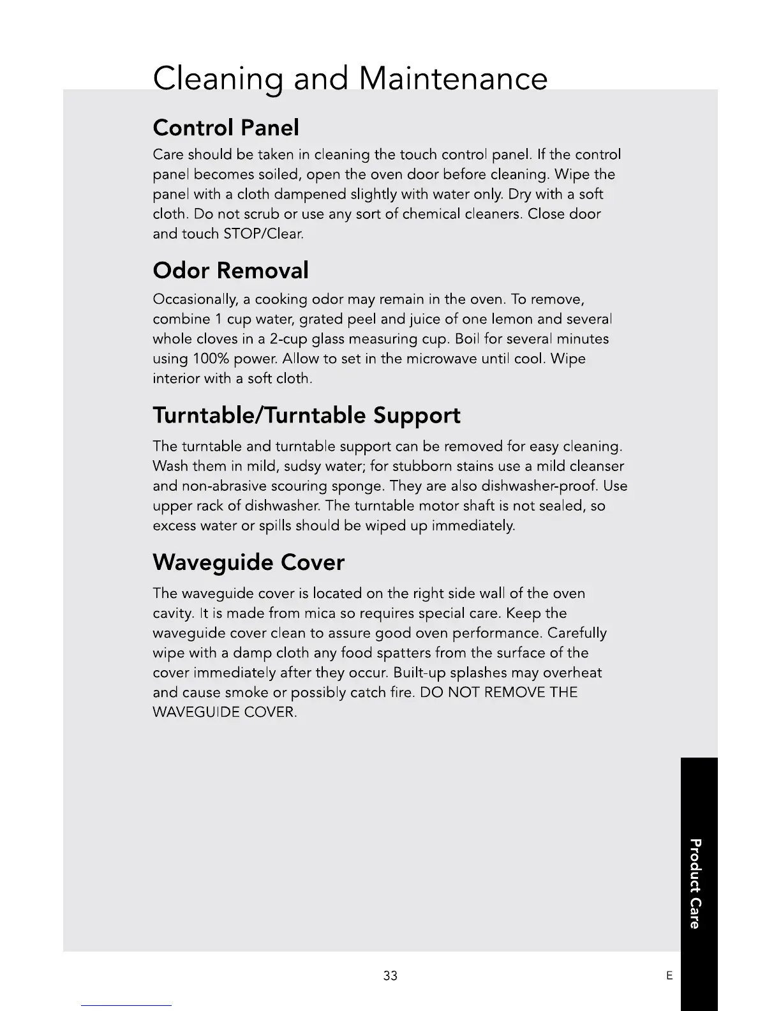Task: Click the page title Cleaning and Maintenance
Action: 350,79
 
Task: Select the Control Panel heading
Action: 226,128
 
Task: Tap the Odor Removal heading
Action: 230,271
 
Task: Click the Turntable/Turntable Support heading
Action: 306,416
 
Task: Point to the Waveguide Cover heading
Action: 248,562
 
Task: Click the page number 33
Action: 390,976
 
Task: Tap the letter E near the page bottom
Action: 669,976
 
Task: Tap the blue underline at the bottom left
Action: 126,1005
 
